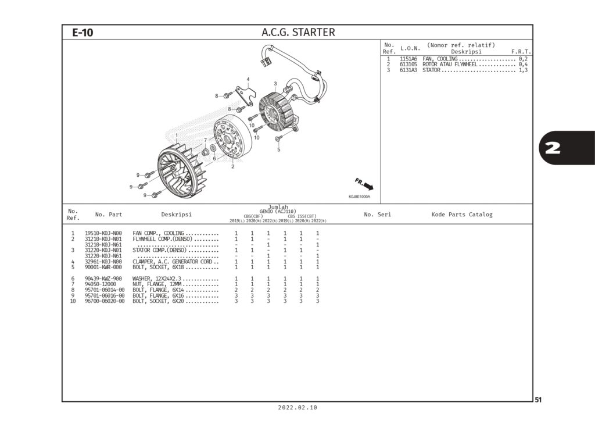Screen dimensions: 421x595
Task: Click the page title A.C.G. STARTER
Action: [298, 33]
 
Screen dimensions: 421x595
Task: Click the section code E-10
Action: [83, 33]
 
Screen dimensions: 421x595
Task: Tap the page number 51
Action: [538, 399]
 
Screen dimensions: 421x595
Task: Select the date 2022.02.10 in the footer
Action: [297, 408]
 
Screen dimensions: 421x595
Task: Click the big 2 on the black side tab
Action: [553, 148]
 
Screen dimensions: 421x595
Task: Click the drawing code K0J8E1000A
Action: [359, 197]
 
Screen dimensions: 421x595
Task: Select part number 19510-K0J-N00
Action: [103, 233]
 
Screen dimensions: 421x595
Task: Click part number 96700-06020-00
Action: [105, 301]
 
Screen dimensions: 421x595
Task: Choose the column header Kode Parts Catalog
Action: [461, 215]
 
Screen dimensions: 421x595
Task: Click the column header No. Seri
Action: [377, 215]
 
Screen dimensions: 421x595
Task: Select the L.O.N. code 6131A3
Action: [408, 70]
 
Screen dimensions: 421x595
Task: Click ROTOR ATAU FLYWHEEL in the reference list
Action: [450, 65]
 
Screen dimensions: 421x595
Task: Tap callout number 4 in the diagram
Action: [248, 79]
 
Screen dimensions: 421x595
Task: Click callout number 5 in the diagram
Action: [278, 149]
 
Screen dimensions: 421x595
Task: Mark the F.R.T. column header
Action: [521, 52]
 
